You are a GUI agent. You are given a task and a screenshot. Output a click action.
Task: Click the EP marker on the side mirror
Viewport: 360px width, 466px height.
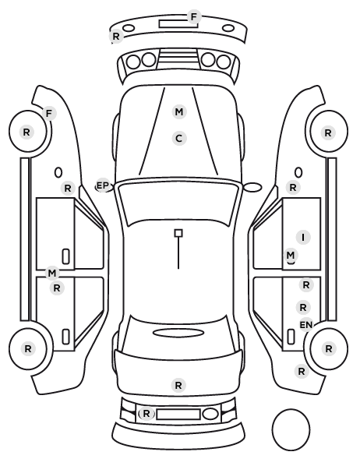tap(103, 185)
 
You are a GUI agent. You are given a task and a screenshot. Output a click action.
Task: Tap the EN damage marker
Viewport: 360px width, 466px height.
tap(306, 325)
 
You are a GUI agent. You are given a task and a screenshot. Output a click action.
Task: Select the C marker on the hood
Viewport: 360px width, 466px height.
tap(179, 139)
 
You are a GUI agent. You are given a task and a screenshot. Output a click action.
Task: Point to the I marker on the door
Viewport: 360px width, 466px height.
tap(303, 238)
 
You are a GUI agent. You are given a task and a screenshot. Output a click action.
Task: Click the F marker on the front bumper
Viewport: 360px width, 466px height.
tap(194, 17)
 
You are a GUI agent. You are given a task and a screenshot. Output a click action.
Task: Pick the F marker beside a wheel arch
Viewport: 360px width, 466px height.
tap(49, 114)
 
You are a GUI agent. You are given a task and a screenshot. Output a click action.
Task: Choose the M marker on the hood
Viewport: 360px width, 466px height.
tap(179, 112)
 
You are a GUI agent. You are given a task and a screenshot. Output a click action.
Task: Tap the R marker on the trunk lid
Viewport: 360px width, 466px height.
tap(178, 386)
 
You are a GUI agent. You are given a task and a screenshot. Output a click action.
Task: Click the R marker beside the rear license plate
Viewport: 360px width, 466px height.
tap(146, 413)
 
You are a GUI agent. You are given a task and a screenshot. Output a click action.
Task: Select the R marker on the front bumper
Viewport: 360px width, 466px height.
tap(116, 37)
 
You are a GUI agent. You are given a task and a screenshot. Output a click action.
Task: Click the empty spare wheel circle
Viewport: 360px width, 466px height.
tap(291, 429)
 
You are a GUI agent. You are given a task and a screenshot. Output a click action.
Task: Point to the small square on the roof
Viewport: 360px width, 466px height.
tap(178, 233)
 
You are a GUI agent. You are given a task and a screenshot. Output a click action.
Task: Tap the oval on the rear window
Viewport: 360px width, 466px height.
tap(178, 333)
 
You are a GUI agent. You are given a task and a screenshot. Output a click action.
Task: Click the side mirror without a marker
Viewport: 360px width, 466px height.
tap(252, 187)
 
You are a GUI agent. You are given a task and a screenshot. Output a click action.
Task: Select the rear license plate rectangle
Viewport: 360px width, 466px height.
tap(178, 415)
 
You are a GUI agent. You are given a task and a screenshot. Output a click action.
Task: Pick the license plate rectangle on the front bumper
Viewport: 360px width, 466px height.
tap(178, 24)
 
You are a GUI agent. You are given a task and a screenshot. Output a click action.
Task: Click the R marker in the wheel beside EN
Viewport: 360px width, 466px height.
tap(329, 348)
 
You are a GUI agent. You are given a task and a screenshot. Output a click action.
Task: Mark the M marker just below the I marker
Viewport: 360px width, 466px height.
tap(291, 256)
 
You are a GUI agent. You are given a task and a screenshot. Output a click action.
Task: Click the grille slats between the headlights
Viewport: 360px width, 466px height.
tap(178, 59)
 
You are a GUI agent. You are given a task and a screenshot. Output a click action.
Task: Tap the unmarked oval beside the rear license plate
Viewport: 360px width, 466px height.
tap(210, 414)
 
